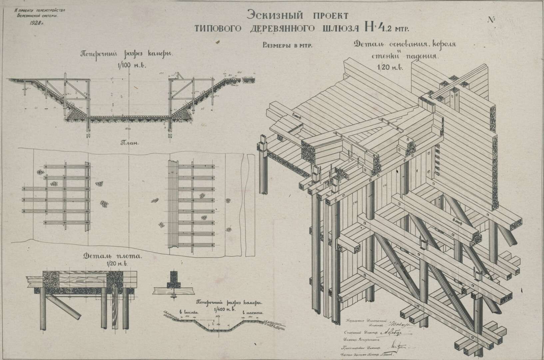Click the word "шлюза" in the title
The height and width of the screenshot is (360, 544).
click(x=338, y=29)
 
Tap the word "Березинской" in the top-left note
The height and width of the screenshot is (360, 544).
click(x=29, y=16)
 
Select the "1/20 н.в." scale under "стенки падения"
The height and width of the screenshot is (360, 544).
click(x=390, y=67)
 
